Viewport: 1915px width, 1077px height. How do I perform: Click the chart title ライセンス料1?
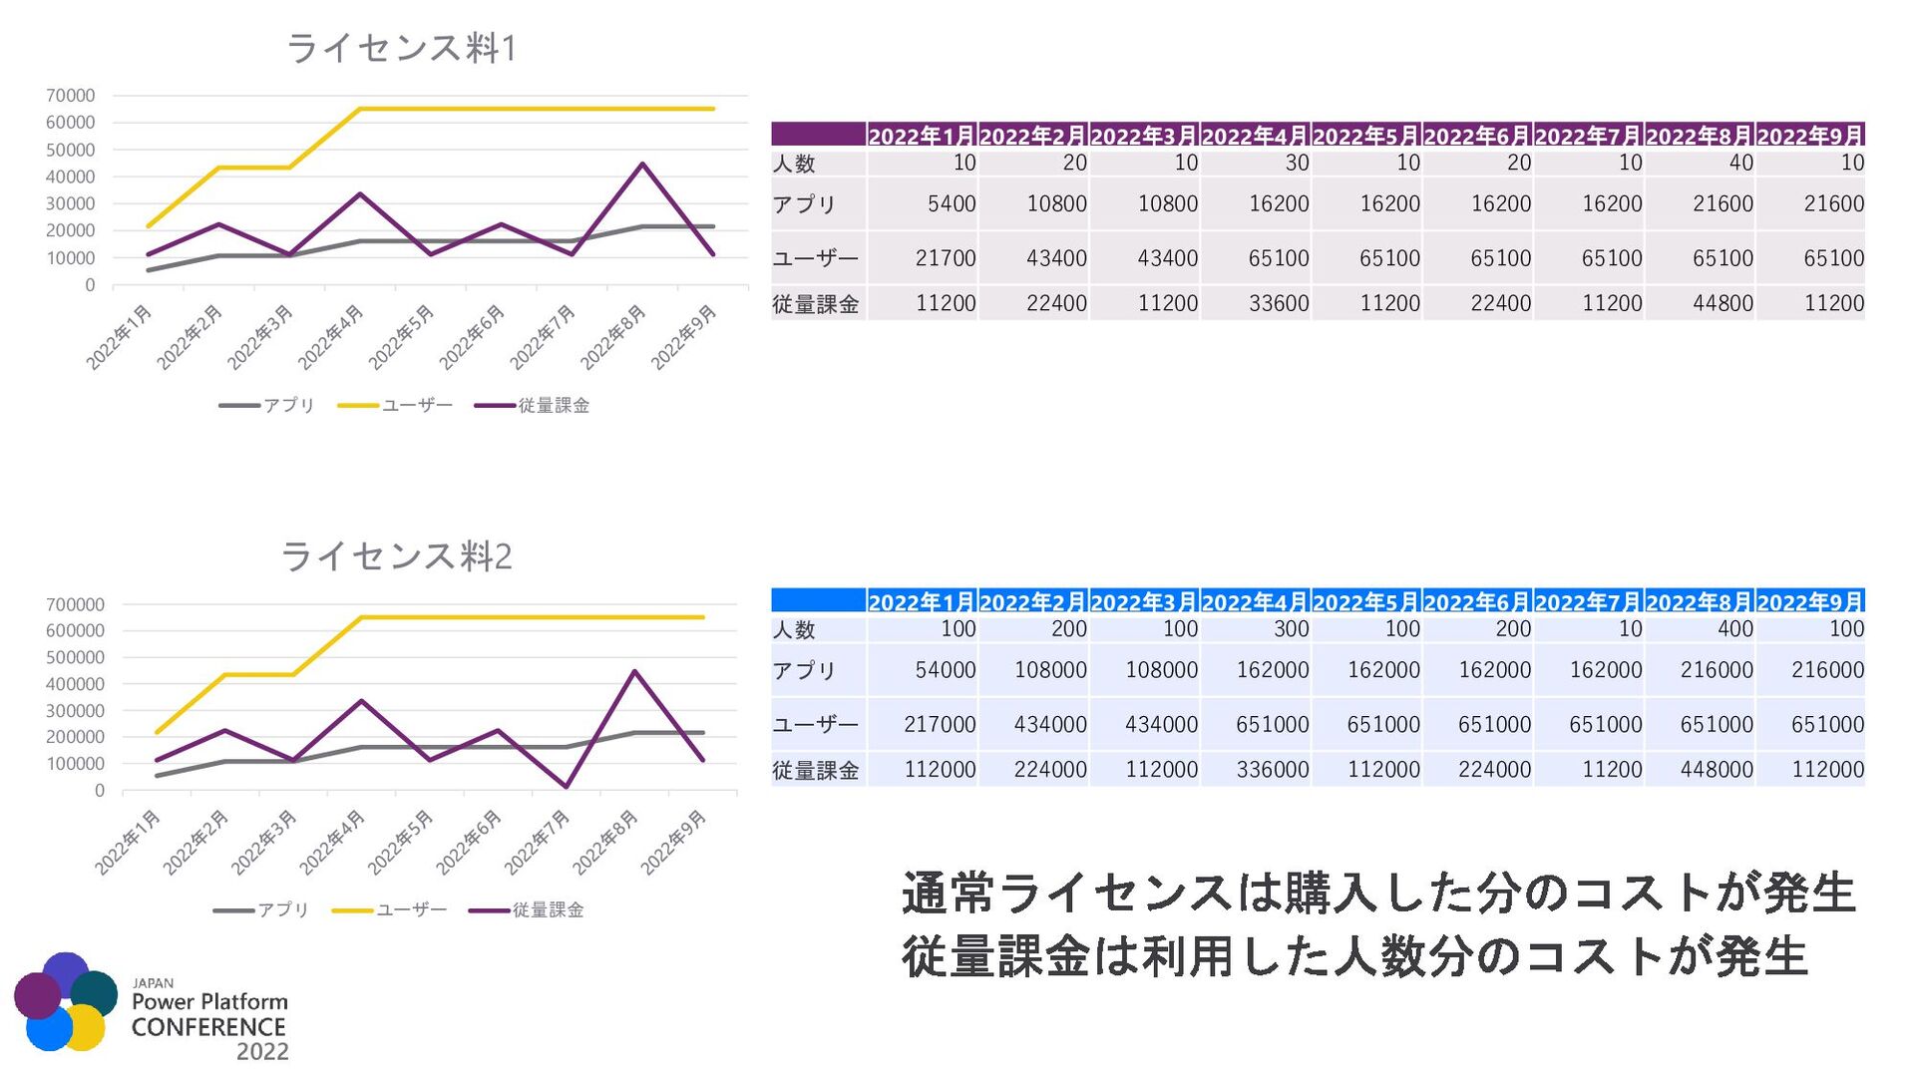(401, 48)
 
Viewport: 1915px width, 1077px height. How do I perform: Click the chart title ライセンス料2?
(396, 555)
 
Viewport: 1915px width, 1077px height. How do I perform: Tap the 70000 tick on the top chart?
(71, 96)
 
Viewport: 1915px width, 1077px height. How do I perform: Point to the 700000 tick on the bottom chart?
(75, 604)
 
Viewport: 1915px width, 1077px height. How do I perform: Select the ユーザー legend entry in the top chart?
(396, 405)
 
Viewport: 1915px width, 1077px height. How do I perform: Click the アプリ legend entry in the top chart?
(267, 405)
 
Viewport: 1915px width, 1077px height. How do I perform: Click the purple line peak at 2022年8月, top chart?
(643, 165)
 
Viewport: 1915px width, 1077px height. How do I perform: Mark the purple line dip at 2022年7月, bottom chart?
(567, 787)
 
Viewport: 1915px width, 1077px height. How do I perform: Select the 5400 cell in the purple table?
(951, 204)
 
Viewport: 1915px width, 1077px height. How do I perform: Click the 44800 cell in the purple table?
(1722, 303)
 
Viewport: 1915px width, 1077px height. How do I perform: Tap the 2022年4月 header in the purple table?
(1255, 136)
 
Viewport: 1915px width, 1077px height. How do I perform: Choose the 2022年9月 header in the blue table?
(1809, 602)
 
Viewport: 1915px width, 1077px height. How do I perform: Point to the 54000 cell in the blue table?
(945, 670)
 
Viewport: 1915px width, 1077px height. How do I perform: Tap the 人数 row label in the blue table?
(794, 629)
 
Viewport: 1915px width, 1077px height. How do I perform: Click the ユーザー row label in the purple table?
(815, 258)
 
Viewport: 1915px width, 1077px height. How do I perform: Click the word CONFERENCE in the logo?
(208, 1027)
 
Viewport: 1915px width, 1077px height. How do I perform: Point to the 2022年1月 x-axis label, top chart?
(120, 337)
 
